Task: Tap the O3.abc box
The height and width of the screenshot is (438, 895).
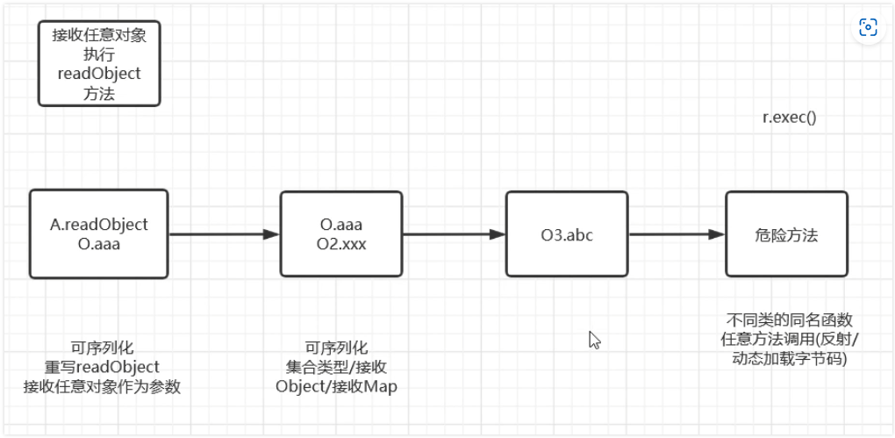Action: tap(567, 235)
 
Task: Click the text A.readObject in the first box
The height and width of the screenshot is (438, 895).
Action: tap(99, 225)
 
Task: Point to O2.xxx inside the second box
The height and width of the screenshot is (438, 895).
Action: tap(342, 244)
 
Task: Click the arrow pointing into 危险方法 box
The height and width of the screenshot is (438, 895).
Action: tap(677, 234)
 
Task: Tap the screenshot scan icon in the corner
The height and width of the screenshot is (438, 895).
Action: tap(868, 27)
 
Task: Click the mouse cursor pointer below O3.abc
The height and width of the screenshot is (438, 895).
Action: tap(594, 340)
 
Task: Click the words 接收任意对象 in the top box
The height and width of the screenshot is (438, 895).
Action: tap(99, 35)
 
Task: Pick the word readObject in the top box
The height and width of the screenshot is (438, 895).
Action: tap(99, 74)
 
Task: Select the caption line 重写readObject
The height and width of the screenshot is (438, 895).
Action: tap(103, 366)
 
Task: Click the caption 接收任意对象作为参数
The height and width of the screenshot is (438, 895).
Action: tap(103, 385)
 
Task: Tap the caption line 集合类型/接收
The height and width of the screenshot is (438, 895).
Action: tap(336, 366)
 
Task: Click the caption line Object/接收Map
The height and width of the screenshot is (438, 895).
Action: tap(336, 385)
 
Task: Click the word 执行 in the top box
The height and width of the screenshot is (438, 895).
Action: tap(99, 54)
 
